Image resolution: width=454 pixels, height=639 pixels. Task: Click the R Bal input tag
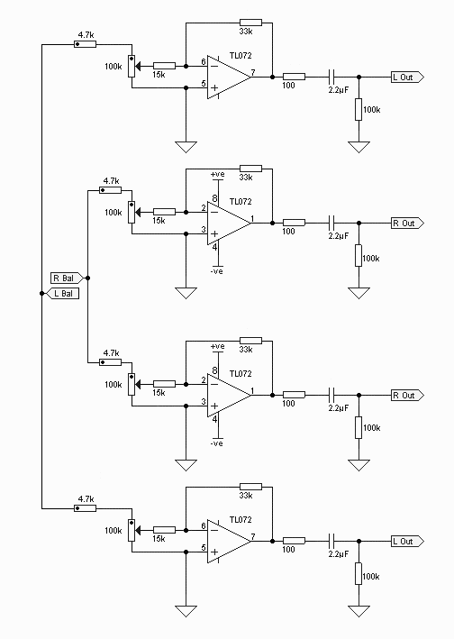tap(67, 278)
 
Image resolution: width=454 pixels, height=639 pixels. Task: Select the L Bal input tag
tap(63, 294)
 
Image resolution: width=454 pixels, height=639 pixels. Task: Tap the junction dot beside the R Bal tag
tap(88, 278)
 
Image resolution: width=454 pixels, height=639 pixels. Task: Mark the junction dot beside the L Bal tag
tap(42, 294)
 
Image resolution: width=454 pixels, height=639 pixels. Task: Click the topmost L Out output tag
tap(407, 77)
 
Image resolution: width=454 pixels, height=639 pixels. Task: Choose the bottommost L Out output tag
tap(407, 541)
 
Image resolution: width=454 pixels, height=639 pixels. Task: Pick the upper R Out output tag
tap(407, 223)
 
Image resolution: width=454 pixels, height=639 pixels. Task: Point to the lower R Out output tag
tap(407, 396)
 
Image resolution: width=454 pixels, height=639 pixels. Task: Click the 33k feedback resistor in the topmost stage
tap(250, 23)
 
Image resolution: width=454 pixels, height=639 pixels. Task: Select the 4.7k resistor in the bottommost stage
tap(85, 508)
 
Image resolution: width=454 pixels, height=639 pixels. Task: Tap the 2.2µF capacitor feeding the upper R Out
tap(331, 223)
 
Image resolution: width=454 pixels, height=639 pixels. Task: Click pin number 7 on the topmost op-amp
tap(253, 73)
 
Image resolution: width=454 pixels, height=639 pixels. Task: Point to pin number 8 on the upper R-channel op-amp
tap(214, 199)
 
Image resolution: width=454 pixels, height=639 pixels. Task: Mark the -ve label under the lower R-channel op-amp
tap(217, 443)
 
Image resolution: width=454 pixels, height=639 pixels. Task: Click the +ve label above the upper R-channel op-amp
tap(217, 175)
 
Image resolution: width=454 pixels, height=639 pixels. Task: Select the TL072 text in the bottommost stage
tap(241, 520)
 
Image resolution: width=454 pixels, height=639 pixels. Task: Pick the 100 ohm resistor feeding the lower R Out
tap(294, 395)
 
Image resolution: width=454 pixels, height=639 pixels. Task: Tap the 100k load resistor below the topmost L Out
tap(359, 109)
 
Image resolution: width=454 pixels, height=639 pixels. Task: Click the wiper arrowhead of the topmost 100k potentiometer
tap(138, 66)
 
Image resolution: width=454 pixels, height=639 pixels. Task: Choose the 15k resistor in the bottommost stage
tap(165, 530)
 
